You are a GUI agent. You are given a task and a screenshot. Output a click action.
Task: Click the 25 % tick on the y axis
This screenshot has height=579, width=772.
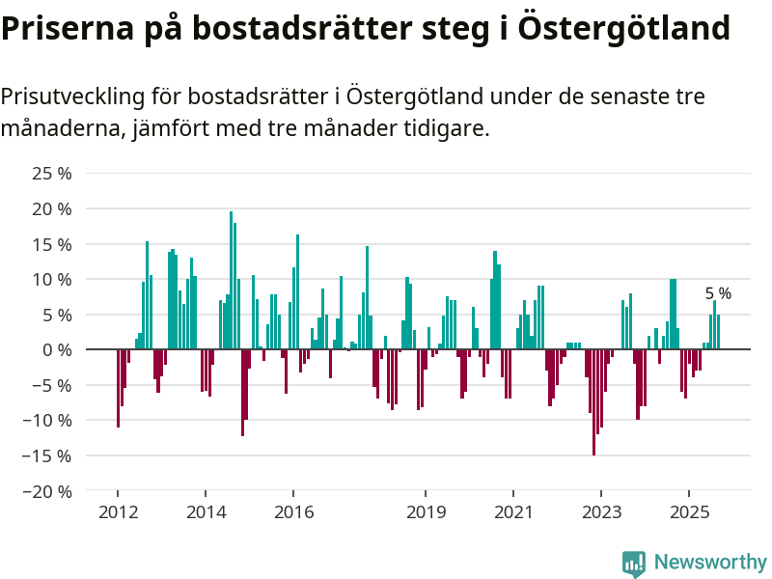(x=52, y=174)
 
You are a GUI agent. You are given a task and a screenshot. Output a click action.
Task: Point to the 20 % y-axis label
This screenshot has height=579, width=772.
(x=52, y=208)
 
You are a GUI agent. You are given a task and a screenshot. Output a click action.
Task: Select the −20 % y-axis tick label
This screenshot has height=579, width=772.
(x=48, y=490)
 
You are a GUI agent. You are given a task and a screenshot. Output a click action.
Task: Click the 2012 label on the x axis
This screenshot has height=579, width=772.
(x=118, y=511)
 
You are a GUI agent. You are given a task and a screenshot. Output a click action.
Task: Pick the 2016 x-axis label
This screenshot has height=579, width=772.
(x=294, y=511)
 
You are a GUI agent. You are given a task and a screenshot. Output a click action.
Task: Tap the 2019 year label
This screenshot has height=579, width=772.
(x=427, y=511)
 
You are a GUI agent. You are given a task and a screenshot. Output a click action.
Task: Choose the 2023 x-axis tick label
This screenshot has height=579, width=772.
(x=602, y=511)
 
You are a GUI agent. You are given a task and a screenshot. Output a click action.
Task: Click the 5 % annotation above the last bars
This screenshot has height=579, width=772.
(x=718, y=293)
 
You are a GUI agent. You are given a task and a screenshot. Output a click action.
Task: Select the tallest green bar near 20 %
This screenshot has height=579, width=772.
(x=232, y=280)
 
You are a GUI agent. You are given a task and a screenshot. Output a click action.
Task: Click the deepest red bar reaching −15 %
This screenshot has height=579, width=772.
(x=593, y=401)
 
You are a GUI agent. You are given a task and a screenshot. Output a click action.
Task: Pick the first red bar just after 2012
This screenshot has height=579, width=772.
(x=118, y=388)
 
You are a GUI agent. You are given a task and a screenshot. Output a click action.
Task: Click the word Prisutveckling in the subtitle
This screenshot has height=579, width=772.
(x=72, y=96)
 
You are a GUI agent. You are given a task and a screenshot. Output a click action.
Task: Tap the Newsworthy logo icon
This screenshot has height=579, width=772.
(x=634, y=564)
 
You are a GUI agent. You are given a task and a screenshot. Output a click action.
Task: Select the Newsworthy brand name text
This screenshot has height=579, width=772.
(x=710, y=563)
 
